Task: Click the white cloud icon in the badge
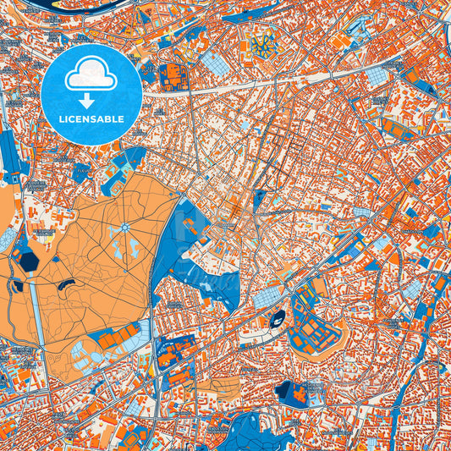click(x=91, y=74)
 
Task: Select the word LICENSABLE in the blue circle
click(x=91, y=119)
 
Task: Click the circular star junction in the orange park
click(x=124, y=226)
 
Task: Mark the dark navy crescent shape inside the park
click(x=67, y=283)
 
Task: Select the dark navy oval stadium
click(x=278, y=318)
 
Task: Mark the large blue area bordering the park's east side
click(x=190, y=254)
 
